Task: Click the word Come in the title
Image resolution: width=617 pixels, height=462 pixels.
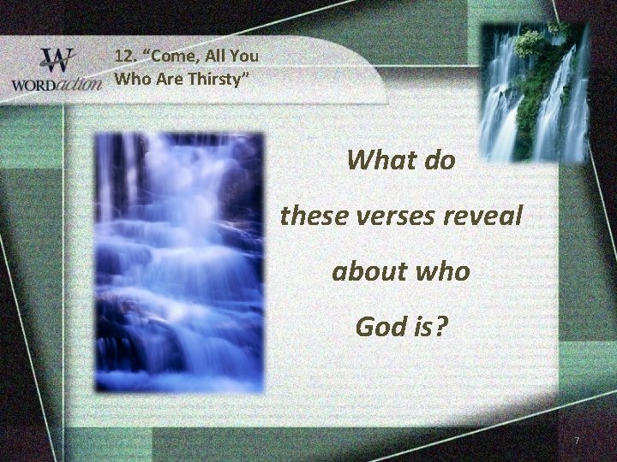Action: (172, 57)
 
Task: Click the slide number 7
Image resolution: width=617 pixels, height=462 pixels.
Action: (578, 440)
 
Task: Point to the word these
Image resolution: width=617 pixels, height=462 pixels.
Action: (313, 216)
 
